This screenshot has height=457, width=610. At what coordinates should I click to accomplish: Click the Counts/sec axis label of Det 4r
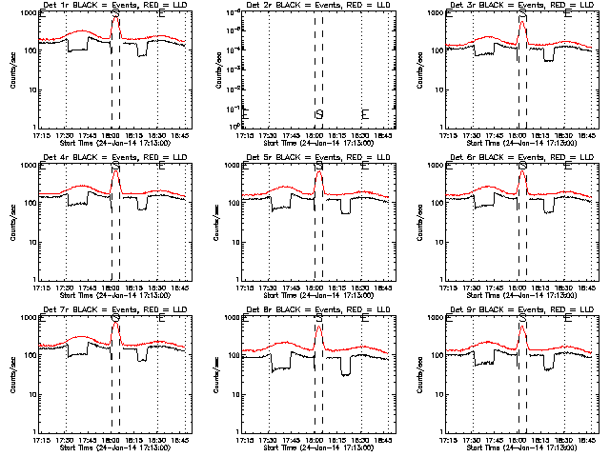pos(12,222)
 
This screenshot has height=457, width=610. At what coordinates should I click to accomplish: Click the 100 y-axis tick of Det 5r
pos(233,203)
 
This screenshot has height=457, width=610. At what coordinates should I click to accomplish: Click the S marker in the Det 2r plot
pos(318,114)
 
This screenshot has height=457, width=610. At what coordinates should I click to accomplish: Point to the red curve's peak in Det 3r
pos(522,22)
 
